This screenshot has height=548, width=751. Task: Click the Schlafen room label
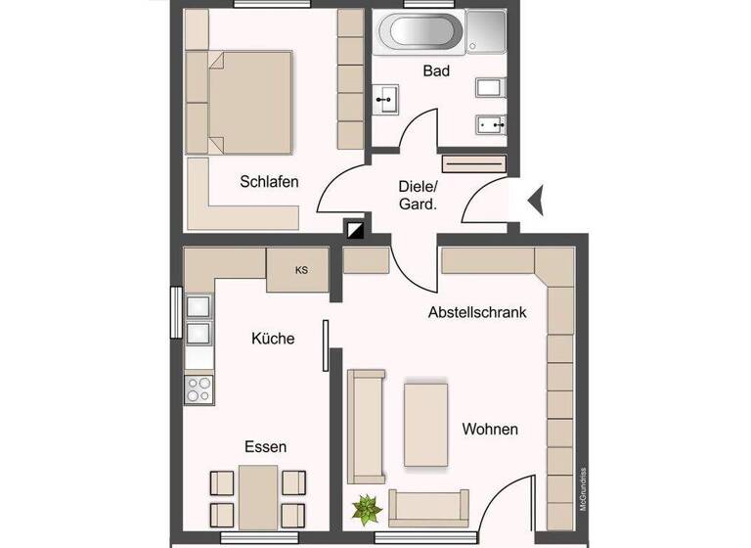point(269,181)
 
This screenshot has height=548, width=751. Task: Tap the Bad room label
point(436,70)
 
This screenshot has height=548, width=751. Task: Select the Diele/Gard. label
point(418,195)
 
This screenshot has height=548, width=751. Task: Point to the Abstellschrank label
point(477,313)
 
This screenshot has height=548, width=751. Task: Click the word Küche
point(273,338)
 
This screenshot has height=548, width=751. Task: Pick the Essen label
point(266,446)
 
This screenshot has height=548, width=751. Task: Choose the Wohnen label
point(490,429)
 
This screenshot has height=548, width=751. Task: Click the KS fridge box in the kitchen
point(301,270)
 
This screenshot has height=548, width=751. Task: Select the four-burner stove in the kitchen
point(199,388)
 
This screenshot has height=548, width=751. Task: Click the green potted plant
point(367,509)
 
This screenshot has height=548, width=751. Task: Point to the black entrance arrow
point(536,200)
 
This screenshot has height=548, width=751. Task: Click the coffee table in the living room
point(425,423)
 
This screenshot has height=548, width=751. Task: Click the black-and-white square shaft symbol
point(354,230)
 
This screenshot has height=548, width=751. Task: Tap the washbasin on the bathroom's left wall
point(384,98)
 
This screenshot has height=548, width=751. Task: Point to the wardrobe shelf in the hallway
point(473,163)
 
